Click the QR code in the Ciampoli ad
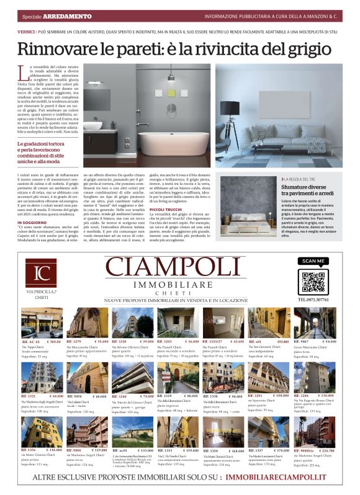click(312, 282)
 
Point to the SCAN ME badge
click(312, 261)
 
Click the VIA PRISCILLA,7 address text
click(42, 291)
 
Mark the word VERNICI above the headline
click(25, 30)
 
